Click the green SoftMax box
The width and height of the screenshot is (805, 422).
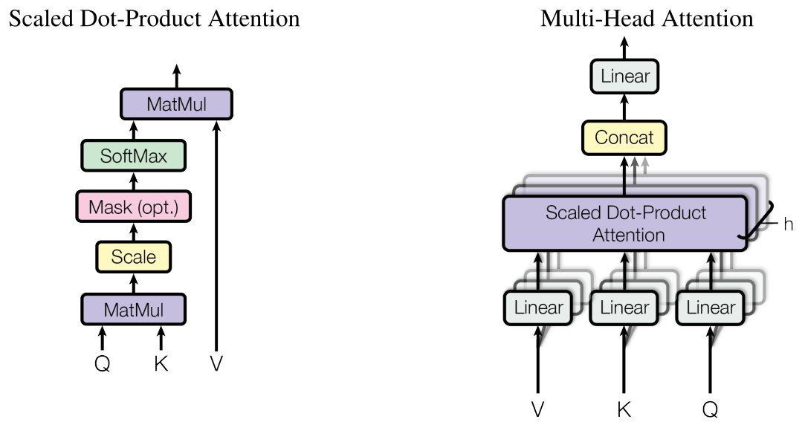(134, 156)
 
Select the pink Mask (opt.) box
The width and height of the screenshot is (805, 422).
(134, 207)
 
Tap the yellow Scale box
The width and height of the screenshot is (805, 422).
(134, 257)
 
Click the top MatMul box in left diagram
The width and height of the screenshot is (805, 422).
(176, 104)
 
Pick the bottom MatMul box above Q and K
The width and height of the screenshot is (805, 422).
(134, 309)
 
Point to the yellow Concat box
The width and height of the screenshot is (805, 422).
(624, 137)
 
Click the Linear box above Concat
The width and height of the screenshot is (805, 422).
(624, 76)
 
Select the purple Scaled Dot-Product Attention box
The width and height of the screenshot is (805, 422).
(626, 223)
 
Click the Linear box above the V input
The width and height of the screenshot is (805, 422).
(539, 308)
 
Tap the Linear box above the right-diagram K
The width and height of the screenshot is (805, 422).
(624, 308)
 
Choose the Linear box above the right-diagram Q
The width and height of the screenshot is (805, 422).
(711, 308)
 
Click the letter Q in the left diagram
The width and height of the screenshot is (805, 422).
(103, 364)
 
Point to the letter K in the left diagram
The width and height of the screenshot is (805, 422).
(161, 364)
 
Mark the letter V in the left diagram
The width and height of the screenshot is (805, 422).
(216, 364)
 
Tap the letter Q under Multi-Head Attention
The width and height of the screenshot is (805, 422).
(711, 409)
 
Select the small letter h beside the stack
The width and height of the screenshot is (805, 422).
(788, 224)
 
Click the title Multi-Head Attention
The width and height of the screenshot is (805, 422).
(646, 18)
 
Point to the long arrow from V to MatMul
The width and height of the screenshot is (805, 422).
(216, 238)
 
